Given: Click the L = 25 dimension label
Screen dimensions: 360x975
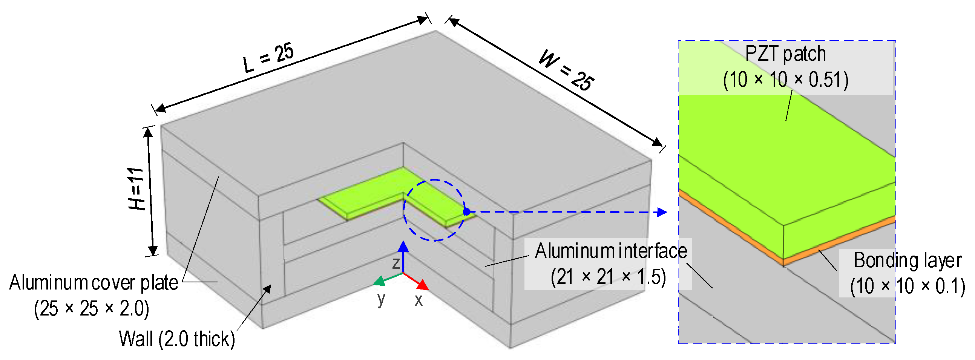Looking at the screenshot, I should pos(268,58).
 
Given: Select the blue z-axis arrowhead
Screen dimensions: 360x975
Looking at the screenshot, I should pos(403,247).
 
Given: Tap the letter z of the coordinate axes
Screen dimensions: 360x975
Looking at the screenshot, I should pos(396,263).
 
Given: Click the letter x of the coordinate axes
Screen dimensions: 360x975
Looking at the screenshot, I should pos(418,300).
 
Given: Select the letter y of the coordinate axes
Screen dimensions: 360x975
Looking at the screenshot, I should pos(381,299).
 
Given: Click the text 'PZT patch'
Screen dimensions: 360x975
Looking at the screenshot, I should pos(785,54).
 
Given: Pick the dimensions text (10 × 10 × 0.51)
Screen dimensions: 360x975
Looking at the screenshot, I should pos(785,80).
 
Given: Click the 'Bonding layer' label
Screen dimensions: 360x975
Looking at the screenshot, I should pos(907,260).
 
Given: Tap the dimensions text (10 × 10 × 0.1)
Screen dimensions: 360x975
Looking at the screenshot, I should pos(907,286).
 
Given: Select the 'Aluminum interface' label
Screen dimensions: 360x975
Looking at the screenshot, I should pos(610,251).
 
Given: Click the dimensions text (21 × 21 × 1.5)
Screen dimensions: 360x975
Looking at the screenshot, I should pos(608,277).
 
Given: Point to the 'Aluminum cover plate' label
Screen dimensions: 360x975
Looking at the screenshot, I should pos(94,283).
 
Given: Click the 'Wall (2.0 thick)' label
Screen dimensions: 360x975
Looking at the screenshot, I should pos(177,339).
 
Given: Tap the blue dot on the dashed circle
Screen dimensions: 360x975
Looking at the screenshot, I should pos(467,212).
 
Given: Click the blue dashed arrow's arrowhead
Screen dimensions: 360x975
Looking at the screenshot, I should pos(662,212).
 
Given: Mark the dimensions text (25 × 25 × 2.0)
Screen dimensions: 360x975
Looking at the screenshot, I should pos(92,309).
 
